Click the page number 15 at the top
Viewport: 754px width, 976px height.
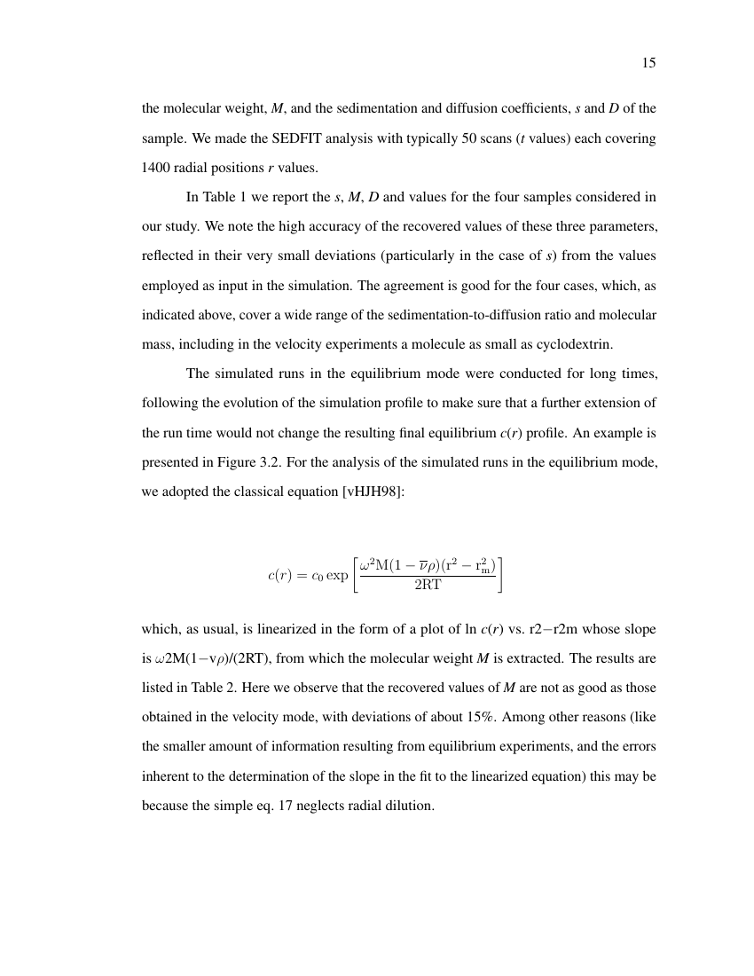[x=648, y=63]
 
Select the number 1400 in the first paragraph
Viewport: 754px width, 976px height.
[x=158, y=168]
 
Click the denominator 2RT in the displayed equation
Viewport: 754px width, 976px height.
[x=428, y=585]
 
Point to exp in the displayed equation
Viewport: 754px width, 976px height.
[x=337, y=575]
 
